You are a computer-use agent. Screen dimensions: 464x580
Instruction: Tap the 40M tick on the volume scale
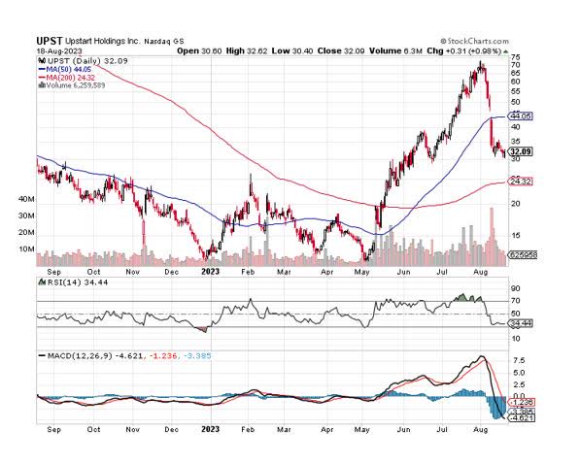coord(27,199)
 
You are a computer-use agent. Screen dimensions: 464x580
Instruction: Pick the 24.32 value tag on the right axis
coord(522,182)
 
